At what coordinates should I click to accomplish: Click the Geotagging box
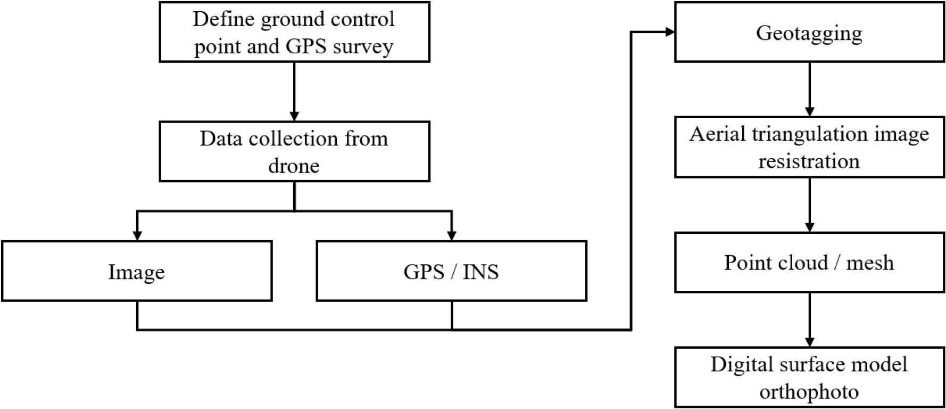pyautogui.click(x=809, y=32)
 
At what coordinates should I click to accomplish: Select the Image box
pyautogui.click(x=137, y=272)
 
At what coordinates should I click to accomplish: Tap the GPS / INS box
pyautogui.click(x=451, y=272)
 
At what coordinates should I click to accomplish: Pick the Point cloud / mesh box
pyautogui.click(x=809, y=263)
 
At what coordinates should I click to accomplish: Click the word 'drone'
pyautogui.click(x=294, y=166)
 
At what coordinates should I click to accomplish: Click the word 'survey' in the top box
pyautogui.click(x=363, y=47)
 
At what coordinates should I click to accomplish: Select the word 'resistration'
pyautogui.click(x=809, y=161)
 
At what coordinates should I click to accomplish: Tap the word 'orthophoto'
pyautogui.click(x=809, y=392)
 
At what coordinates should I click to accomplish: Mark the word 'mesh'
pyautogui.click(x=870, y=263)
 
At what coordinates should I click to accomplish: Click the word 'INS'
pyautogui.click(x=480, y=272)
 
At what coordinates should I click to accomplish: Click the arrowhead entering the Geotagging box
pyautogui.click(x=669, y=32)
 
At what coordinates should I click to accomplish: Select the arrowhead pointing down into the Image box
pyautogui.click(x=137, y=235)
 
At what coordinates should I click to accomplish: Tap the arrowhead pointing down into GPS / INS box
pyautogui.click(x=452, y=235)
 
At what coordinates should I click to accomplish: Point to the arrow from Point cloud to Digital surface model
pyautogui.click(x=809, y=320)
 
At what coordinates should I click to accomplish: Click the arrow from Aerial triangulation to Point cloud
pyautogui.click(x=809, y=204)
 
